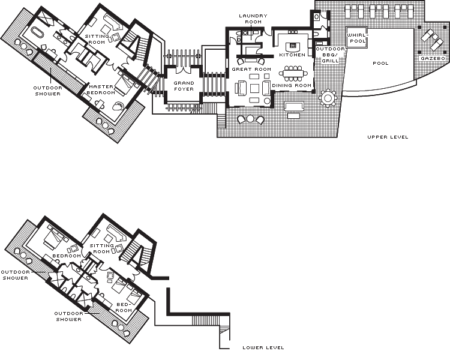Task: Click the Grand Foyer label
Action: coord(184,86)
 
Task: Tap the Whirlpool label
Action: coord(358,38)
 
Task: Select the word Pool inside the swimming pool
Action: coord(380,63)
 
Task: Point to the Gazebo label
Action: coord(433,59)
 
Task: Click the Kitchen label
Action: coord(292,55)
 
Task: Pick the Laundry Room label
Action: coord(253,19)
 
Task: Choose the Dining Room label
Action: coord(292,85)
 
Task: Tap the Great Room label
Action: coord(251,69)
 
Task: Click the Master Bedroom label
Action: coord(101,89)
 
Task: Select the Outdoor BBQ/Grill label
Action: coord(330,55)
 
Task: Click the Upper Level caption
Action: coord(388,137)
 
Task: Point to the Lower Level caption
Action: coord(263,347)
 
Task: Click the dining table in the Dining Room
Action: coord(293,73)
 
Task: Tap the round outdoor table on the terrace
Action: coord(328,98)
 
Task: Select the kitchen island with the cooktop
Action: coord(293,46)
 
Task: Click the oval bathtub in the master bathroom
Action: coord(37,32)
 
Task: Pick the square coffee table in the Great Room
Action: coord(254,88)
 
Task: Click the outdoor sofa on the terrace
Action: coord(294,106)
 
